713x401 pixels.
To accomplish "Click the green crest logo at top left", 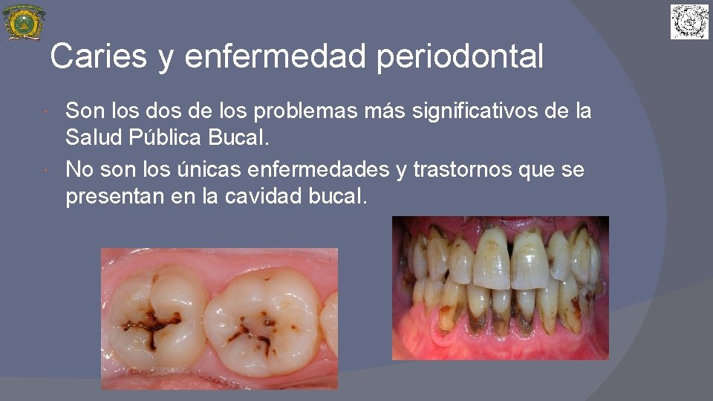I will tap(24, 22).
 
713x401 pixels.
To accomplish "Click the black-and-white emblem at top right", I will tap(690, 22).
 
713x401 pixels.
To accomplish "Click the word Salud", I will tap(91, 137).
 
